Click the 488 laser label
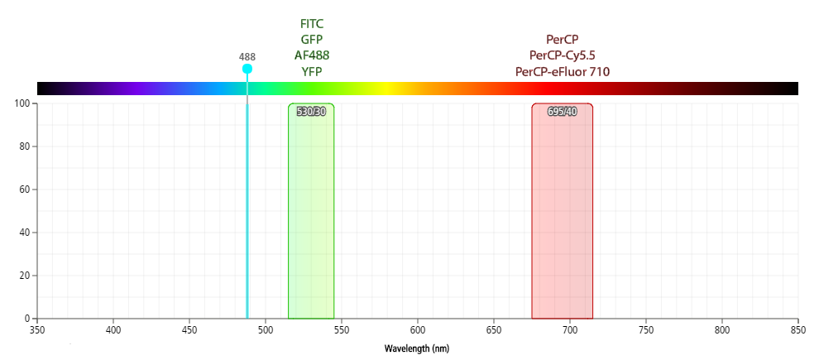pos(247,57)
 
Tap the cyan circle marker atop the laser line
pos(247,69)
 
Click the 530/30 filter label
pos(311,112)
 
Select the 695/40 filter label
pos(563,112)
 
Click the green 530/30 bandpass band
pos(311,215)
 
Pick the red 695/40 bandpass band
pos(563,215)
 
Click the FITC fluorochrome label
pos(311,23)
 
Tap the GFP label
pos(311,39)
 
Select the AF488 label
pos(311,55)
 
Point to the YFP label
pos(311,70)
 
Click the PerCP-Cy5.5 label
pos(563,55)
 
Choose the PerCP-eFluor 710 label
pos(563,71)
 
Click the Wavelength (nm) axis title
pos(417,348)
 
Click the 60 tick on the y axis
pos(24,190)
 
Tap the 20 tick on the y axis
pos(24,276)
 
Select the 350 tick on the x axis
pos(38,330)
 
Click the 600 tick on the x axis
pos(418,330)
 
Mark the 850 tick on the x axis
pos(797,330)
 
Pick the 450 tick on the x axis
pos(189,330)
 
